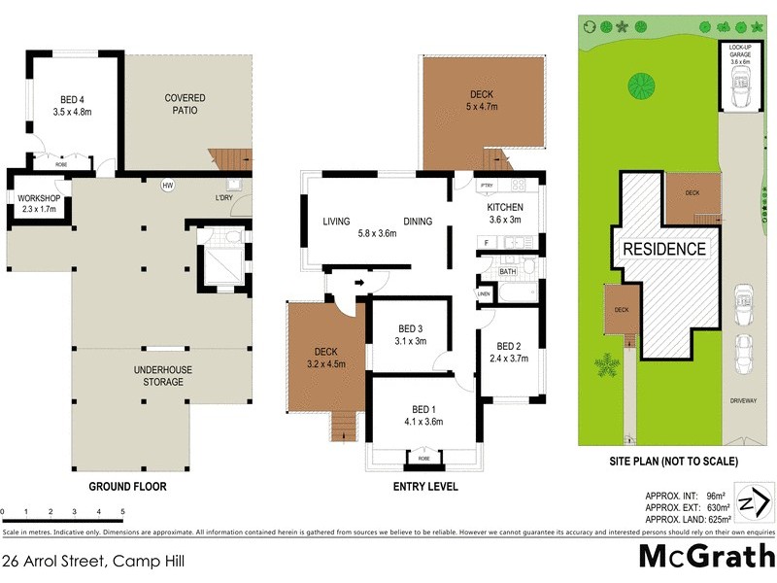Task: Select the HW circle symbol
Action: [167, 185]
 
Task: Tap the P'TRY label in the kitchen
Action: [489, 185]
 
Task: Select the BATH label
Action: [507, 272]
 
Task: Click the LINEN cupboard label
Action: [483, 293]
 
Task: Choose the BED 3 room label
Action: [410, 334]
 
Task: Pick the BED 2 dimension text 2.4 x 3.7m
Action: [509, 358]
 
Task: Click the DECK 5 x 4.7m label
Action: [482, 100]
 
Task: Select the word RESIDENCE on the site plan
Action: [664, 249]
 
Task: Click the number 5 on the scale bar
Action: [122, 511]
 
